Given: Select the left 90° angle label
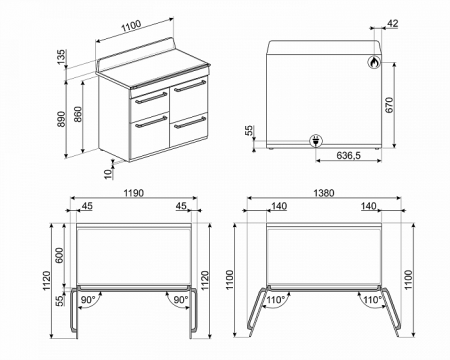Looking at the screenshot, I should click(x=87, y=299).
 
